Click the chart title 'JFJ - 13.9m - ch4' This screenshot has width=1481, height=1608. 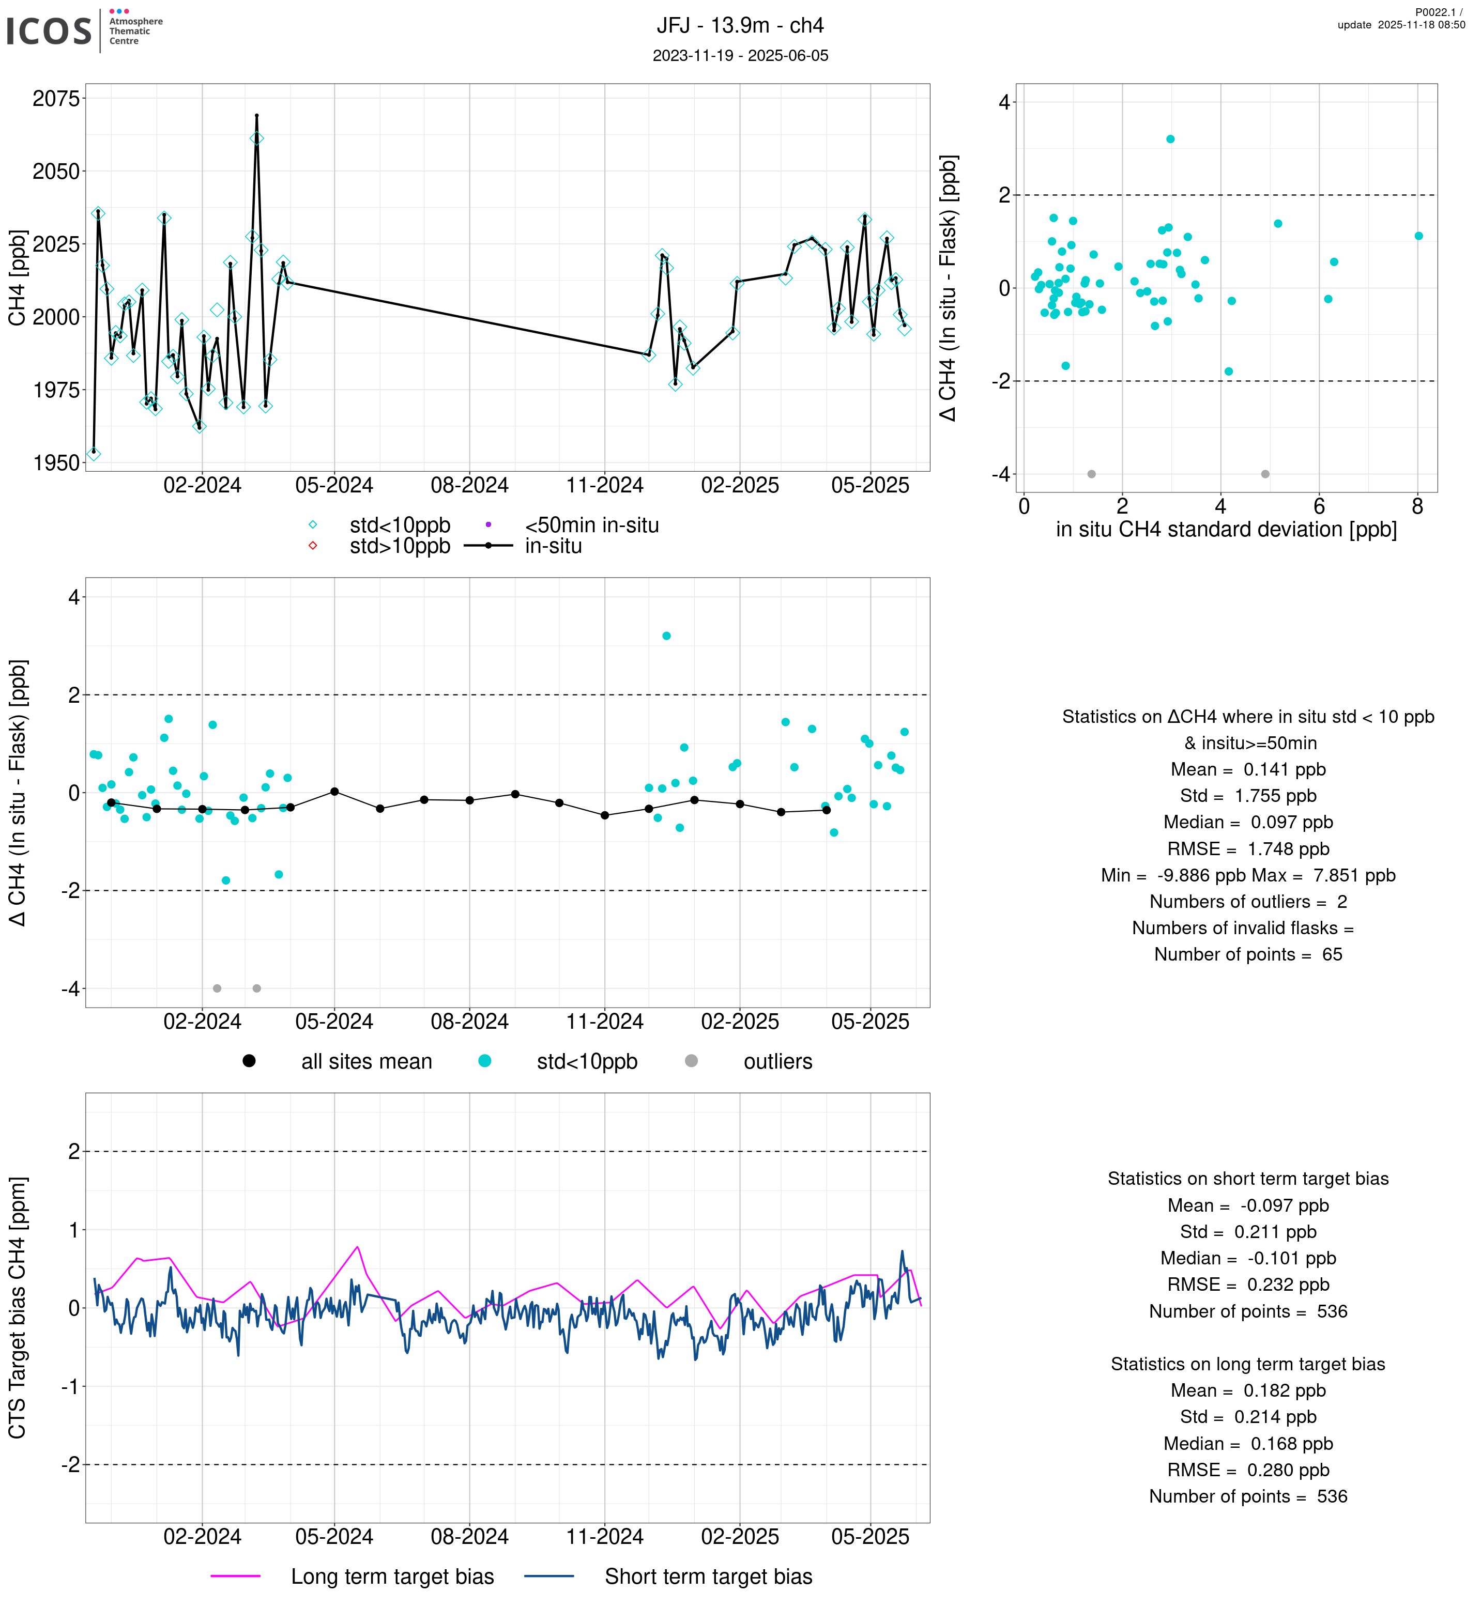[x=740, y=26]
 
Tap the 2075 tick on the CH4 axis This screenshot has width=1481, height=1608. [x=56, y=99]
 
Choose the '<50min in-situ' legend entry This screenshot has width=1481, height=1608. [x=591, y=525]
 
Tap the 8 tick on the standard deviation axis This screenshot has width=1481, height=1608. [x=1417, y=506]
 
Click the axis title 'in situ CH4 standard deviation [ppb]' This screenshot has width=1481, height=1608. [x=1226, y=530]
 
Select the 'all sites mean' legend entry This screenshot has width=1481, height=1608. [x=366, y=1062]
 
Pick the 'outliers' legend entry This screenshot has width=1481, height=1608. [x=777, y=1062]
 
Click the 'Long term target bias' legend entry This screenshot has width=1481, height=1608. [x=392, y=1577]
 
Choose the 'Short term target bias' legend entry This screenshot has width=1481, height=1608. [x=708, y=1577]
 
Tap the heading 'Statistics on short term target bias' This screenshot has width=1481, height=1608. [x=1248, y=1179]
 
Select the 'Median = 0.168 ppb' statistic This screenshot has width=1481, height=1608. [x=1248, y=1444]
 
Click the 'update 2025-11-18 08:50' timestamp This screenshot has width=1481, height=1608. [x=1401, y=25]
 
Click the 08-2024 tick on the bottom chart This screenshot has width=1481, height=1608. [x=469, y=1537]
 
